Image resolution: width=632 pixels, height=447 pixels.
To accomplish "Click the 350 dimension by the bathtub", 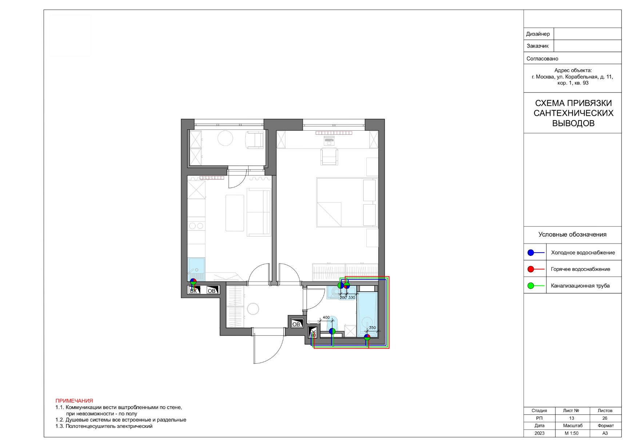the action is [372, 328].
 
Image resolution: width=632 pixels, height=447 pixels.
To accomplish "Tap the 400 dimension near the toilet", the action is [326, 317].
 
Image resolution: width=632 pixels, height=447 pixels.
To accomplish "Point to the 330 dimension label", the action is [351, 297].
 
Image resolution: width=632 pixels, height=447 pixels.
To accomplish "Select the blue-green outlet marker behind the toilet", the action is [332, 331].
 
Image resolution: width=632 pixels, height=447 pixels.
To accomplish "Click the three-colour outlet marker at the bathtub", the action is [367, 337].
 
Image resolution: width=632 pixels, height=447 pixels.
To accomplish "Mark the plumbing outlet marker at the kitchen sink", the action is [193, 281].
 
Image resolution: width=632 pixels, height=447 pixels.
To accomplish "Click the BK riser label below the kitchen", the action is [194, 291].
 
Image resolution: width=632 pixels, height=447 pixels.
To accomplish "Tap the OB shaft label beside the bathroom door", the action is [297, 324].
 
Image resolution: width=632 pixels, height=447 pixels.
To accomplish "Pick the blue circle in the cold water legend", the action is [531, 253].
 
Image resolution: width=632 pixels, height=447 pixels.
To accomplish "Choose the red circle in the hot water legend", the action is [531, 269].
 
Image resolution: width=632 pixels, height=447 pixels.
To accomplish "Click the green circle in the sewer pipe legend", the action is [531, 286].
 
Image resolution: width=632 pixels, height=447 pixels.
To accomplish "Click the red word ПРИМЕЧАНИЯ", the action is [74, 401].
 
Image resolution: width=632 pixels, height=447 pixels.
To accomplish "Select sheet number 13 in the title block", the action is [571, 418].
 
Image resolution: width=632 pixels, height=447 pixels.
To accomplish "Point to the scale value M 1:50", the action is [572, 433].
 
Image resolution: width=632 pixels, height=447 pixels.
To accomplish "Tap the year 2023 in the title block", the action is [540, 433].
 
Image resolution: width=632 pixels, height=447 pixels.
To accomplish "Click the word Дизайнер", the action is [538, 34].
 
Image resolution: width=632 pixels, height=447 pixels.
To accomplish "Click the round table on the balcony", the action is [225, 138].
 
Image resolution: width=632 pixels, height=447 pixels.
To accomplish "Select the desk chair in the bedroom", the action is [329, 157].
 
